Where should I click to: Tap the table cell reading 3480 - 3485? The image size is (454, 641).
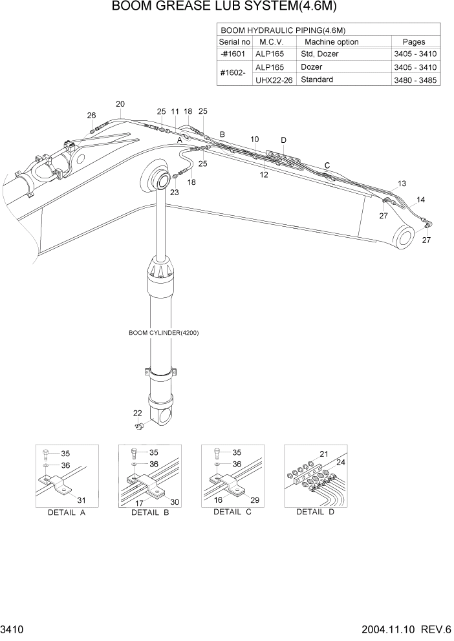coord(415,80)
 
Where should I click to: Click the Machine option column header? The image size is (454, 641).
coord(331,42)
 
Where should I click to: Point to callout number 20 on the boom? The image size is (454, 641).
coord(120,103)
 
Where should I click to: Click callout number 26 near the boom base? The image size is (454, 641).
coord(92,116)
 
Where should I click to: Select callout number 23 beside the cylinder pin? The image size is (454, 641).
coord(174,192)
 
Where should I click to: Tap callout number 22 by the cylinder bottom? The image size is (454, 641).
coord(137,414)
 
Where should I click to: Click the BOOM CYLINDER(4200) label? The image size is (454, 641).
coord(164,333)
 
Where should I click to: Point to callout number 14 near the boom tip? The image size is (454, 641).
coord(421,200)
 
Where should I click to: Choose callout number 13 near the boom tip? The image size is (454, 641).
coord(402,184)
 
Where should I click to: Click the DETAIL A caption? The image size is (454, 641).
coord(65,512)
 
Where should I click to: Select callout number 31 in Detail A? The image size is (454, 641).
coord(81,499)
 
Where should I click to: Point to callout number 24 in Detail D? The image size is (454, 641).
coord(341,462)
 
